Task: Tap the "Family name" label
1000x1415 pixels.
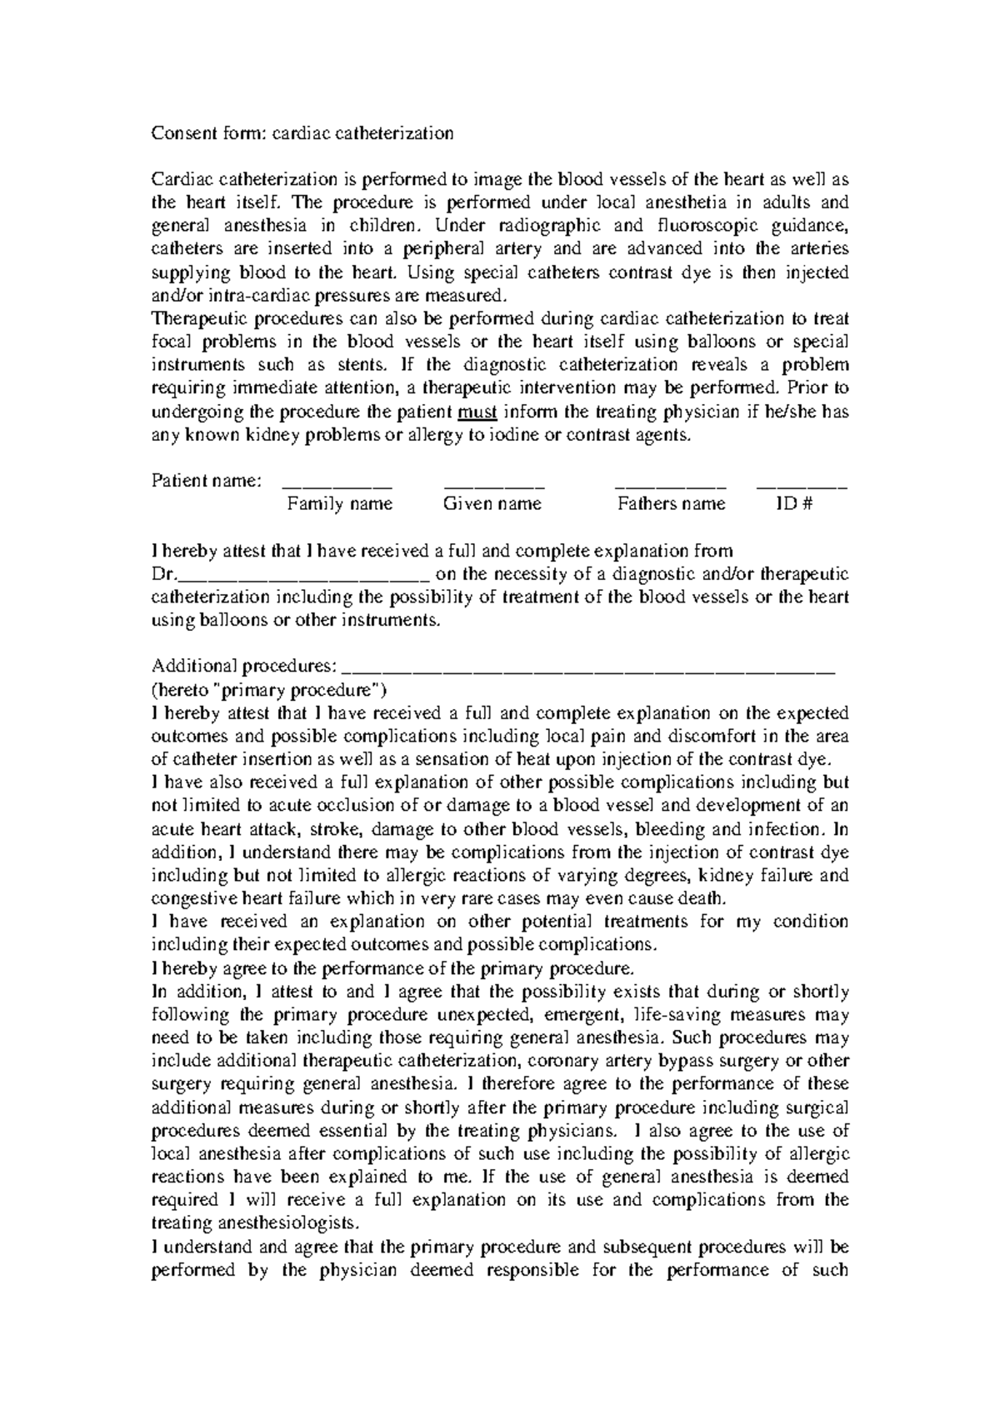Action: tap(339, 503)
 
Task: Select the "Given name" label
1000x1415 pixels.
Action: tap(492, 503)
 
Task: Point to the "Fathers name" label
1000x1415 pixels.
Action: tap(671, 503)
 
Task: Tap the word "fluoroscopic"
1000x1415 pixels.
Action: tap(704, 226)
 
